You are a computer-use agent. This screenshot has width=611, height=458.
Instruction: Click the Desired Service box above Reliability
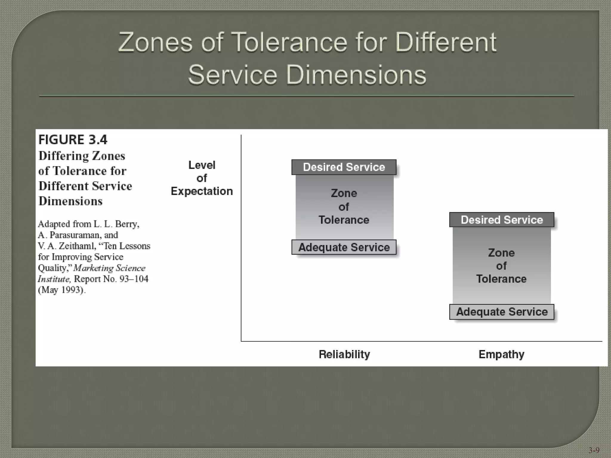pos(344,167)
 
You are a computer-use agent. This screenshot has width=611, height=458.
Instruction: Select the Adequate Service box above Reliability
pos(344,247)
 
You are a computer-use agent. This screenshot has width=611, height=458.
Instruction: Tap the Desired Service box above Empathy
pos(502,220)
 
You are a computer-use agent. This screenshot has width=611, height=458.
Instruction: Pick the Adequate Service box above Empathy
pos(502,312)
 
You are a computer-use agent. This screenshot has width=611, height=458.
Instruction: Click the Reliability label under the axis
pos(344,354)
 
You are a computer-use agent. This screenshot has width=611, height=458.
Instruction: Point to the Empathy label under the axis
pos(501,354)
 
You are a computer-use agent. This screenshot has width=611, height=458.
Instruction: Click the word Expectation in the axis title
pos(202,191)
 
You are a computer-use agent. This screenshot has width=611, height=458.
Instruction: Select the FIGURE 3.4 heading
pos(73,140)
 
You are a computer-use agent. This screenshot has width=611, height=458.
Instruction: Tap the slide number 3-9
pos(594,450)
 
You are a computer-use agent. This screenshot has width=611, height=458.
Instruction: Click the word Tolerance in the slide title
pos(289,42)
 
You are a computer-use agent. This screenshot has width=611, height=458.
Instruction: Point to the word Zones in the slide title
pos(155,42)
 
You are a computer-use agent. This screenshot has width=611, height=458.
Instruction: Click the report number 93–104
pos(134,279)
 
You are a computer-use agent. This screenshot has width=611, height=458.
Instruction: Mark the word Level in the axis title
pos(202,165)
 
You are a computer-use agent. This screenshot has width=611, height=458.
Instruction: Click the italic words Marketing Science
pos(109,268)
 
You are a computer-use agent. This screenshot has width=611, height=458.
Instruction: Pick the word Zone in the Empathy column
pos(501,253)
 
